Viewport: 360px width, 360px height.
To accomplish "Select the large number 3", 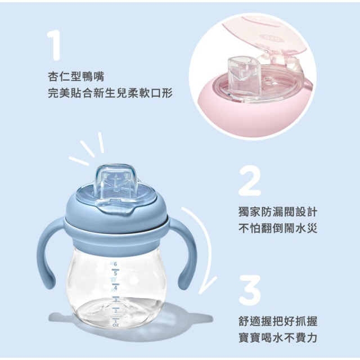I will coord(250,289).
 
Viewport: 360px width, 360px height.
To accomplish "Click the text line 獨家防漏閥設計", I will coord(277,213).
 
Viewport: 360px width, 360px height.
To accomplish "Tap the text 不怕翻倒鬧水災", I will coord(277,229).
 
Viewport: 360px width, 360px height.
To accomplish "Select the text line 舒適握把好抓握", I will coord(277,322).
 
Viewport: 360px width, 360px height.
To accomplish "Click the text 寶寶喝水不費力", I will coord(277,338).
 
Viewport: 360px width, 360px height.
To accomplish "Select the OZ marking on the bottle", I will coord(116,325).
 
